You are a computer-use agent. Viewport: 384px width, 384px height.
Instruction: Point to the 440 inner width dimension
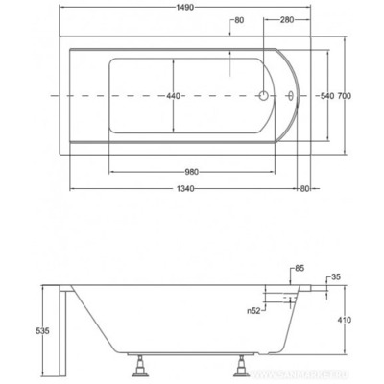coord(173,96)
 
